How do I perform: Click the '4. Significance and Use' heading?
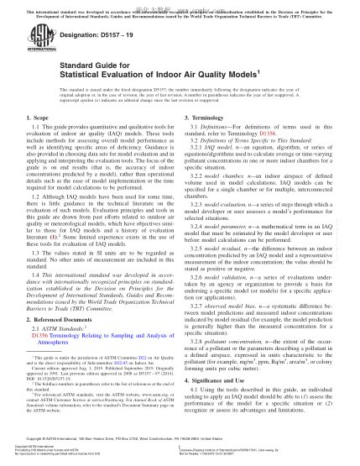point(222,382)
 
